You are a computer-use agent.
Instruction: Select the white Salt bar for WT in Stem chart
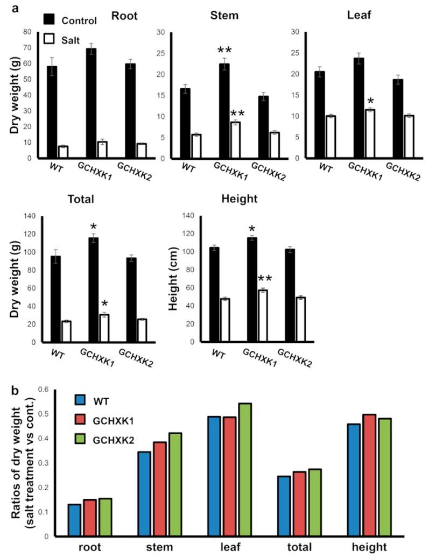196,146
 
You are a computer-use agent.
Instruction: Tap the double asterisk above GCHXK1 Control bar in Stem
225,52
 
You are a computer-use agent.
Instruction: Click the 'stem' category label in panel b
158,547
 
